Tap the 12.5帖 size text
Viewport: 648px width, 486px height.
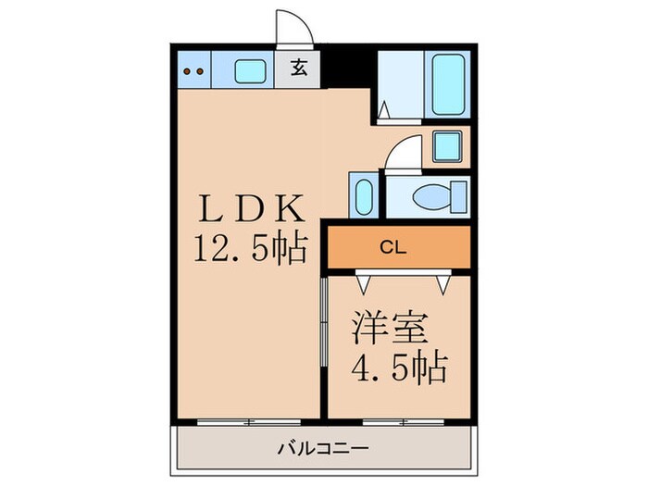(x=249, y=247)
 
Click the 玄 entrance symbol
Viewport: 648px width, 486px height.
(x=299, y=69)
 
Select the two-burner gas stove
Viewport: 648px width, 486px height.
(x=193, y=69)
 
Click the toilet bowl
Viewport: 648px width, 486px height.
(x=431, y=197)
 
